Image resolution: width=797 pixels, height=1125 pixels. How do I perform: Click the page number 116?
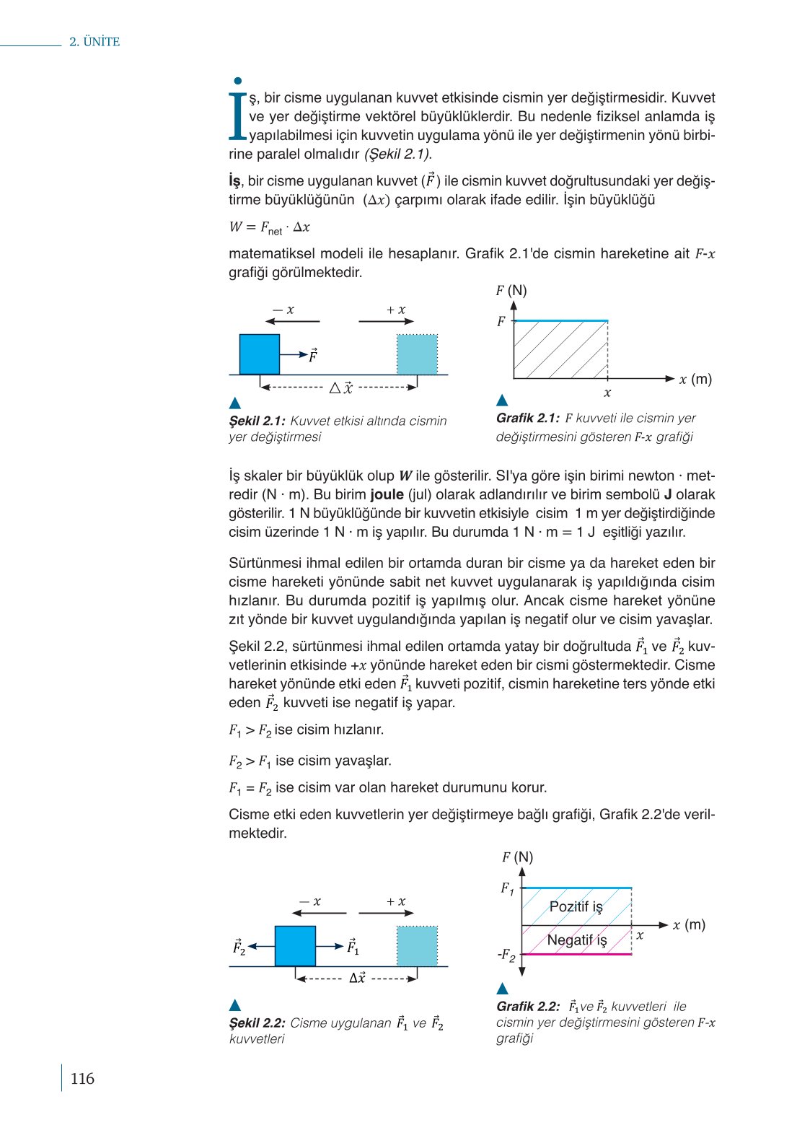[82, 1079]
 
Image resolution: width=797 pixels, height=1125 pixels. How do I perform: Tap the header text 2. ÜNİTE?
[94, 42]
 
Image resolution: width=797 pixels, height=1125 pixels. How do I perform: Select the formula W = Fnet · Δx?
[269, 227]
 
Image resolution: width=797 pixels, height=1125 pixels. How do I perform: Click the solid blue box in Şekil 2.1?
[260, 354]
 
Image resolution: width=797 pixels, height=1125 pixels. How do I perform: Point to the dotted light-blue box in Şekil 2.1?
[417, 354]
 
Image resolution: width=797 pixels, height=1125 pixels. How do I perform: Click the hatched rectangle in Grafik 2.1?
[560, 349]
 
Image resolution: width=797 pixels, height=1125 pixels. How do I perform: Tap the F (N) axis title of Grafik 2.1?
[511, 291]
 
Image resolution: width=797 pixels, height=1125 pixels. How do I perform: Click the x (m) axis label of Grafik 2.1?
[695, 379]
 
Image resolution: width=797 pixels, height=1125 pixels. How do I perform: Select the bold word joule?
[387, 495]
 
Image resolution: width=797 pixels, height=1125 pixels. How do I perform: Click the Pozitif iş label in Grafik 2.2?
[576, 907]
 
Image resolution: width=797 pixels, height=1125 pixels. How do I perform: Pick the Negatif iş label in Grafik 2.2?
[577, 940]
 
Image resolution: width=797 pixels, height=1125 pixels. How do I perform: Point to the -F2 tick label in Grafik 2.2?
[506, 955]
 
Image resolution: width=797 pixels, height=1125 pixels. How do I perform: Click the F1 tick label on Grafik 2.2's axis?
[508, 888]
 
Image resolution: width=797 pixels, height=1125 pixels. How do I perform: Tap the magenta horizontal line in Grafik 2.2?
[576, 954]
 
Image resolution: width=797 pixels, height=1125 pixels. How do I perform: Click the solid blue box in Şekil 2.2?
[295, 945]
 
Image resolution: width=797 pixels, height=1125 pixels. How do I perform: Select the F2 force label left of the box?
[239, 946]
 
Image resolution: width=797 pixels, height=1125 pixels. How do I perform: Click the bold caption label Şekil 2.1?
[257, 421]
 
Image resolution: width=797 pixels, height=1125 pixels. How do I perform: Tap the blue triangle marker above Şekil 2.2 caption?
[234, 1005]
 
